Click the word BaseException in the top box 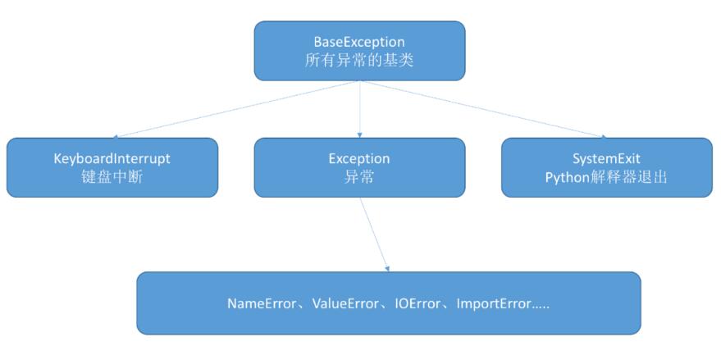click(x=359, y=41)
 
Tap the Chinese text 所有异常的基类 click(x=359, y=61)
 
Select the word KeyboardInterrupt click(x=112, y=157)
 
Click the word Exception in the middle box click(x=359, y=157)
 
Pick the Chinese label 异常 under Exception click(x=359, y=177)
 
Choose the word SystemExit click(x=606, y=157)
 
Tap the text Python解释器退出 click(x=606, y=177)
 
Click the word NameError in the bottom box click(x=261, y=303)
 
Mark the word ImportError click(x=493, y=303)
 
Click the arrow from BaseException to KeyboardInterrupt click(x=238, y=110)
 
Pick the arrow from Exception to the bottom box click(x=374, y=234)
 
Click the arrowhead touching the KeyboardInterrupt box click(x=116, y=135)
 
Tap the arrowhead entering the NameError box click(x=387, y=268)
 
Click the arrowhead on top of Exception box click(x=359, y=134)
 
